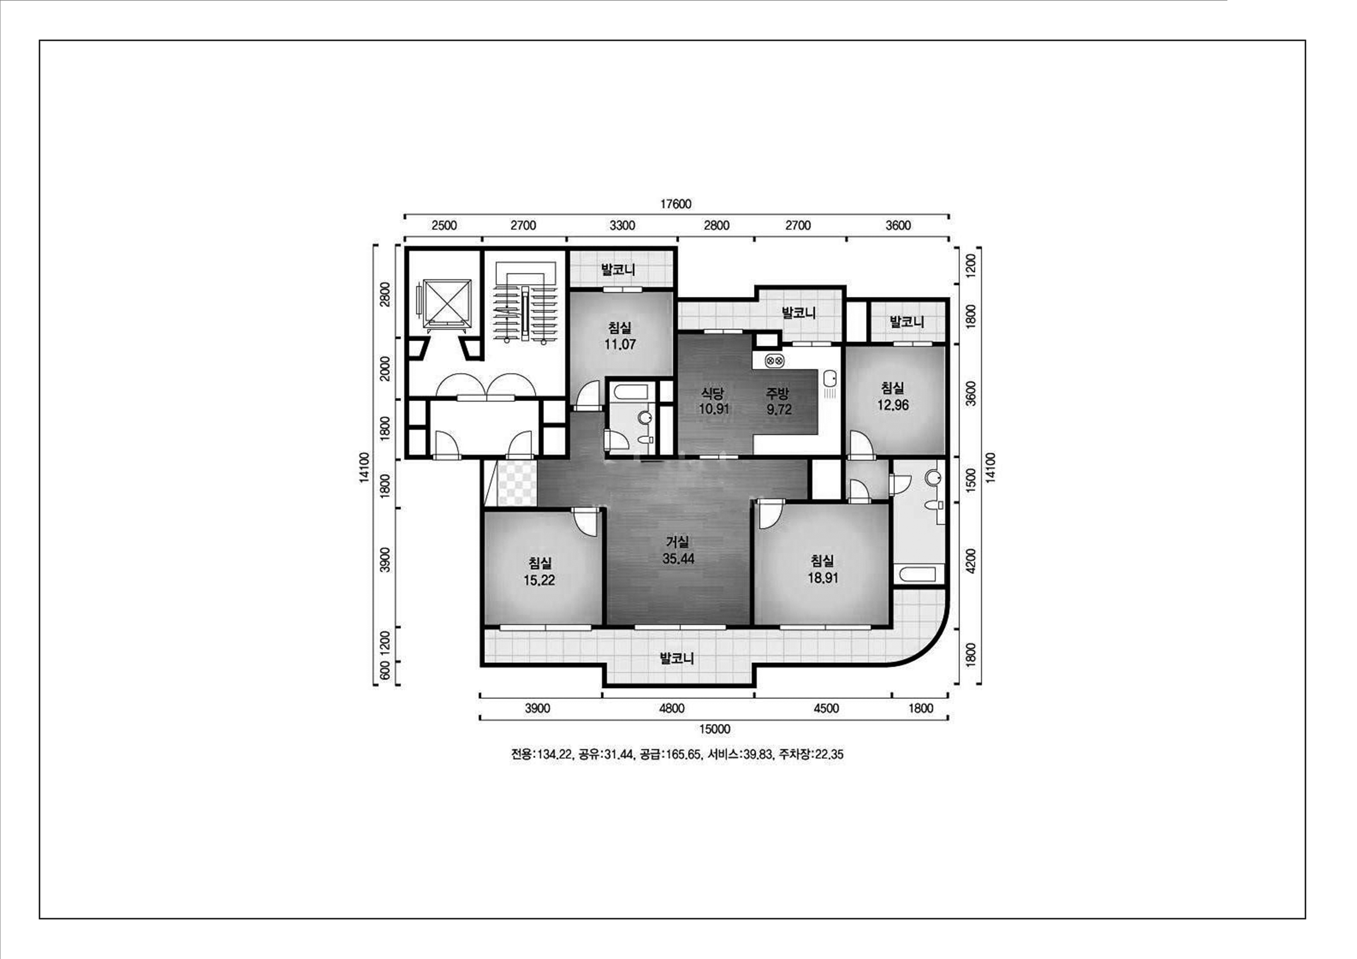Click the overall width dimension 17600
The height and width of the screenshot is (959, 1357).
coord(676,204)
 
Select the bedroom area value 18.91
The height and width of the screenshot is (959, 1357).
coord(823,578)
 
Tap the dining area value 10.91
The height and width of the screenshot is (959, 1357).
coord(714,409)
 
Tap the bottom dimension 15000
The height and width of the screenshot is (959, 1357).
coord(714,729)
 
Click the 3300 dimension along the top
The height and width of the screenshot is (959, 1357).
coord(622,225)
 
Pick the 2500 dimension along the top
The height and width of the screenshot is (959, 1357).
coord(444,225)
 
